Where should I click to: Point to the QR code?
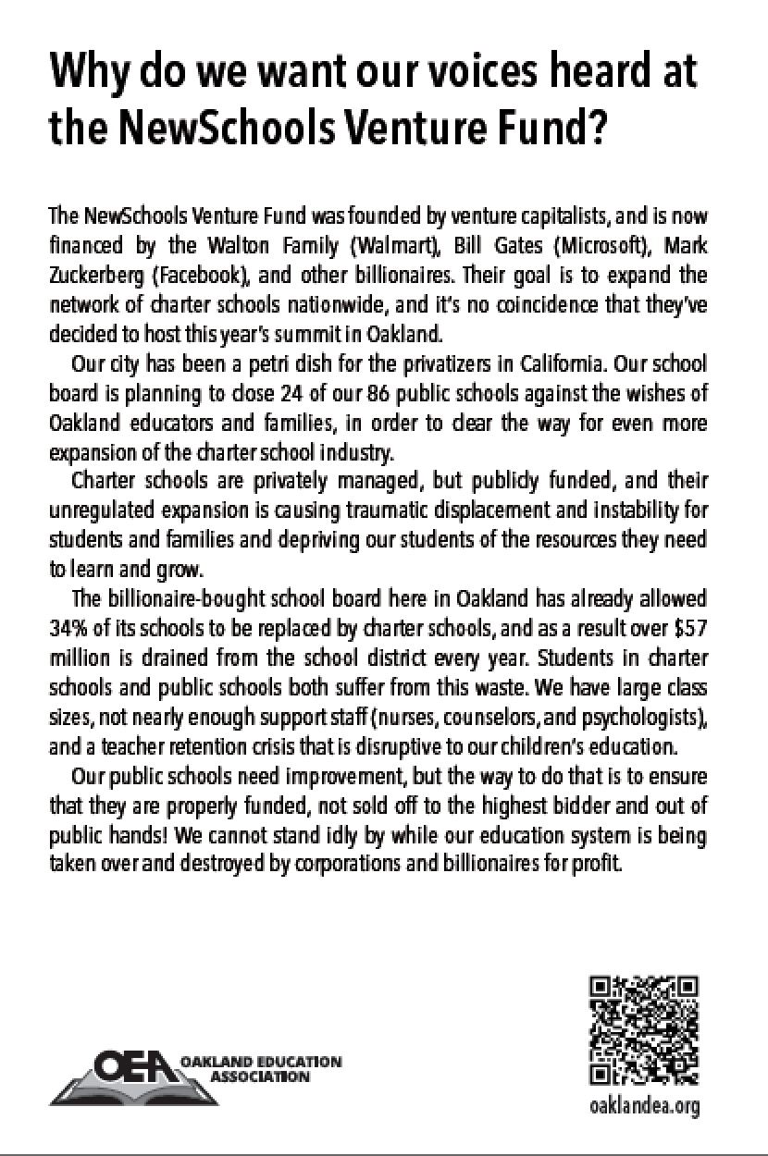[x=643, y=1029]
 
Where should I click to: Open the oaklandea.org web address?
[x=644, y=1105]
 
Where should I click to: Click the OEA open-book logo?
[x=130, y=1075]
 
